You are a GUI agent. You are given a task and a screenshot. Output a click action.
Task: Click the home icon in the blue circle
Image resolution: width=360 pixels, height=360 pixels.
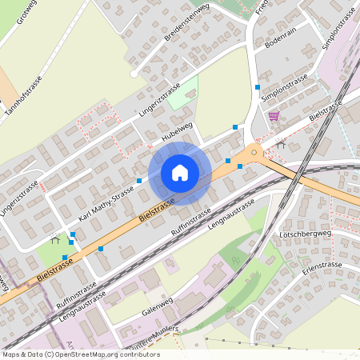tap(180, 173)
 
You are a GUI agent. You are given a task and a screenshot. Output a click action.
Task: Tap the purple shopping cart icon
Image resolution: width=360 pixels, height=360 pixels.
tap(274, 116)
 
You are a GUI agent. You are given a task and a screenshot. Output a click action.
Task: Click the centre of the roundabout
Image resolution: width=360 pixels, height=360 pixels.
tap(254, 151)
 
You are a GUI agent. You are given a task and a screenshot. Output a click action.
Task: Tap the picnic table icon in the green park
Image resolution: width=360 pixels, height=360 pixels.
tap(55, 238)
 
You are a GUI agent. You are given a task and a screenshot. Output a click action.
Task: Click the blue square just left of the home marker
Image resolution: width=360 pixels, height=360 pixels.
tap(139, 181)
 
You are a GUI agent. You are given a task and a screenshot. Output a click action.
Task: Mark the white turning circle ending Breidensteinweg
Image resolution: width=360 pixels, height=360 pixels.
tap(135, 74)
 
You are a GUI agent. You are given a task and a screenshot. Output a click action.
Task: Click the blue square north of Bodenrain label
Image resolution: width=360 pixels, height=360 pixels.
tap(258, 86)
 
